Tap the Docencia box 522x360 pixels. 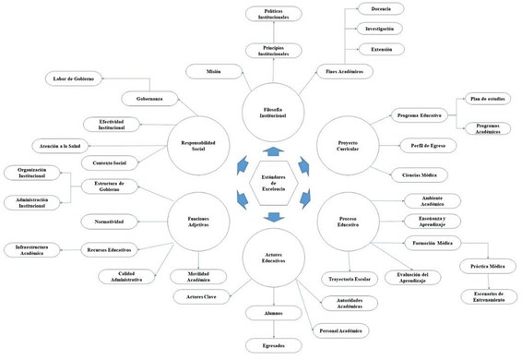pos(381,10)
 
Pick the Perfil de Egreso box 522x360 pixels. pos(425,145)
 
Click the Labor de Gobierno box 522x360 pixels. pos(73,78)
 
